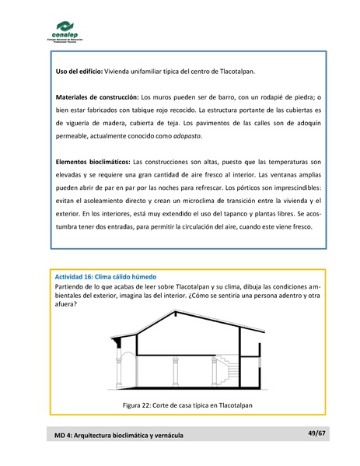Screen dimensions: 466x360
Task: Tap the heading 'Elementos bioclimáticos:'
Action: pyautogui.click(x=93, y=161)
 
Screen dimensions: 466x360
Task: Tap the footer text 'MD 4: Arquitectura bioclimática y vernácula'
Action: pyautogui.click(x=119, y=435)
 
